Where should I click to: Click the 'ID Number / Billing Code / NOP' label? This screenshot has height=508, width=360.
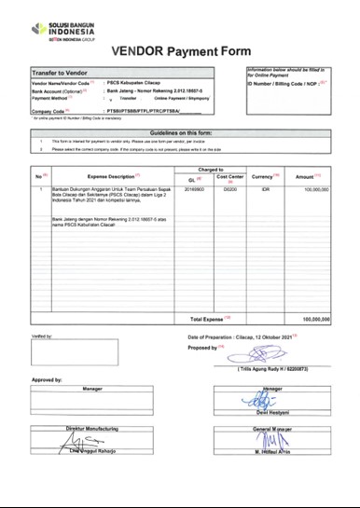285,83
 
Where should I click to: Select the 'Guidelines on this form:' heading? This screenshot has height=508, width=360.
179,132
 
